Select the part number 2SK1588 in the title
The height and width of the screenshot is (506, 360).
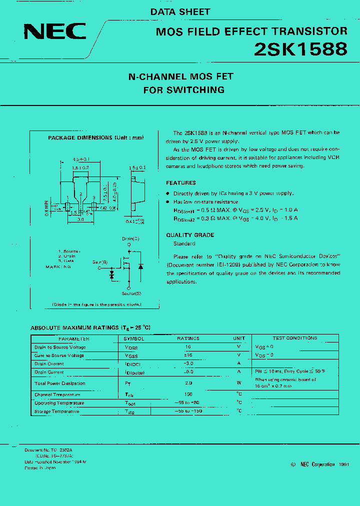tap(300, 49)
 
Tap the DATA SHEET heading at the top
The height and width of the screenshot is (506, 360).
tap(180, 11)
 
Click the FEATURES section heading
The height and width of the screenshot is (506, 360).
tap(181, 183)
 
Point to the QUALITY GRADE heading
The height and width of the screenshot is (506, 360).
tap(190, 235)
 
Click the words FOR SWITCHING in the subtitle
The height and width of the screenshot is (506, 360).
tap(183, 90)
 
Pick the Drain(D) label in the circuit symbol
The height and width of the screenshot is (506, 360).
tap(130, 239)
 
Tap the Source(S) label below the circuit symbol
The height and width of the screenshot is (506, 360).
tap(131, 293)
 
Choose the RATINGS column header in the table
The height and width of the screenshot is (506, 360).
tap(188, 338)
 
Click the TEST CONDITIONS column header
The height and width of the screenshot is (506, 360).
tap(295, 338)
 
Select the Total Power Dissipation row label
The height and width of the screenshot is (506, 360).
tap(59, 383)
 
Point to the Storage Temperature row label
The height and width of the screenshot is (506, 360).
tap(56, 411)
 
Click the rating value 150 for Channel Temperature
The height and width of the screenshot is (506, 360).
tap(188, 394)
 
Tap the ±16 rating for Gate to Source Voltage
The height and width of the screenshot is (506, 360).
tap(188, 355)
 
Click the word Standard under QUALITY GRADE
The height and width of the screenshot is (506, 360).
tap(184, 244)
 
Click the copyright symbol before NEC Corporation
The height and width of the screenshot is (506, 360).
tap(293, 464)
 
